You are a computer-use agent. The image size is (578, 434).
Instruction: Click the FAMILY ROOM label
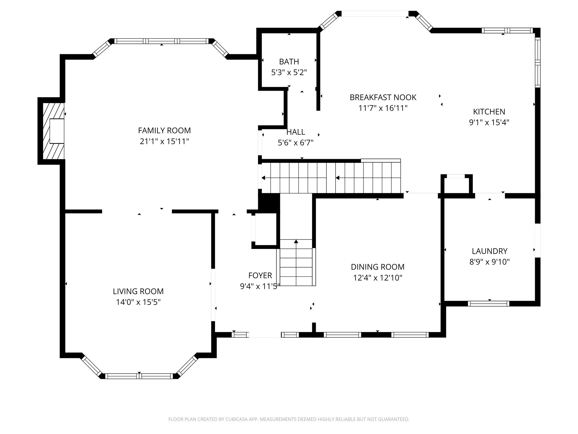click(164, 131)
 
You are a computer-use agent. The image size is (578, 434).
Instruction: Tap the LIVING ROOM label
click(138, 291)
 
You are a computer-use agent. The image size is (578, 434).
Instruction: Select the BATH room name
click(289, 62)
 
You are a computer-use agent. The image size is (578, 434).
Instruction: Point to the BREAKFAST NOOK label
click(383, 97)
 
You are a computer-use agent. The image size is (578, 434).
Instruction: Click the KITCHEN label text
click(489, 112)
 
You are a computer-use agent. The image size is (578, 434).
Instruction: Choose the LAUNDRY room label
click(490, 251)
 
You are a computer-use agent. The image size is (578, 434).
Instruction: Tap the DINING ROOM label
click(378, 267)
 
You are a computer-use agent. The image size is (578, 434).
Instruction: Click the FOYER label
click(260, 275)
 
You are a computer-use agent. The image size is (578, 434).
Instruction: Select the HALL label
click(296, 132)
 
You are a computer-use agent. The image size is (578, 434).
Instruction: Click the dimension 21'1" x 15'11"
click(164, 141)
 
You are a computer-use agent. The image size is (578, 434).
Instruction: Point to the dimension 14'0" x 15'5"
click(138, 302)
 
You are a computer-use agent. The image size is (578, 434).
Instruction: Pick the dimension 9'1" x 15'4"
click(489, 122)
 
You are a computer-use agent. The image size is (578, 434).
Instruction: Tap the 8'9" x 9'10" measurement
click(490, 262)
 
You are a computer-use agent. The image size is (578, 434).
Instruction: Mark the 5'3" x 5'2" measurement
click(289, 73)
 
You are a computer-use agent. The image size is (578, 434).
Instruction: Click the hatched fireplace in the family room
click(54, 131)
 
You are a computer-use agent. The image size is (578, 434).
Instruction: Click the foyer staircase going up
click(296, 262)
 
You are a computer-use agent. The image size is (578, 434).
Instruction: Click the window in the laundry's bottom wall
click(489, 304)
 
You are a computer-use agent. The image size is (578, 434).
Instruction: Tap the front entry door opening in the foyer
click(265, 335)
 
